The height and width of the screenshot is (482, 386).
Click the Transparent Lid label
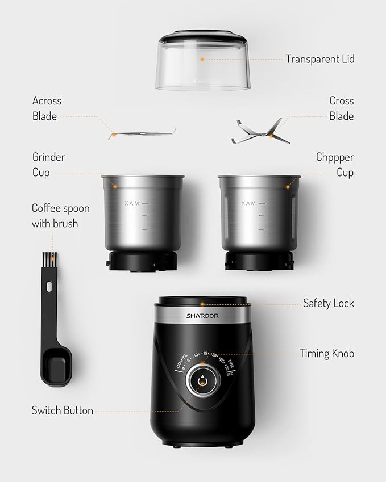point(319,59)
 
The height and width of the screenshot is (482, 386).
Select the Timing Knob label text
point(326,353)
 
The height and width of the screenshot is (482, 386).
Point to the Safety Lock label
point(328,303)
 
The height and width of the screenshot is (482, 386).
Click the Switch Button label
point(62,410)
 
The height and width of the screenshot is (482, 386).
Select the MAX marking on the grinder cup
point(132,203)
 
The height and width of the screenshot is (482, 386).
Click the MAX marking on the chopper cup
point(248,203)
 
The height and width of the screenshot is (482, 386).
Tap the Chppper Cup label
point(335,165)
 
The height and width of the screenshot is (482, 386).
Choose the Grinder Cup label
point(48,165)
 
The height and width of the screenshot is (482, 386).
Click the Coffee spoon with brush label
point(60,216)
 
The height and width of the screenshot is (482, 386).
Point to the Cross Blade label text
point(341,108)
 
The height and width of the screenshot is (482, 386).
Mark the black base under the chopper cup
point(259,261)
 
